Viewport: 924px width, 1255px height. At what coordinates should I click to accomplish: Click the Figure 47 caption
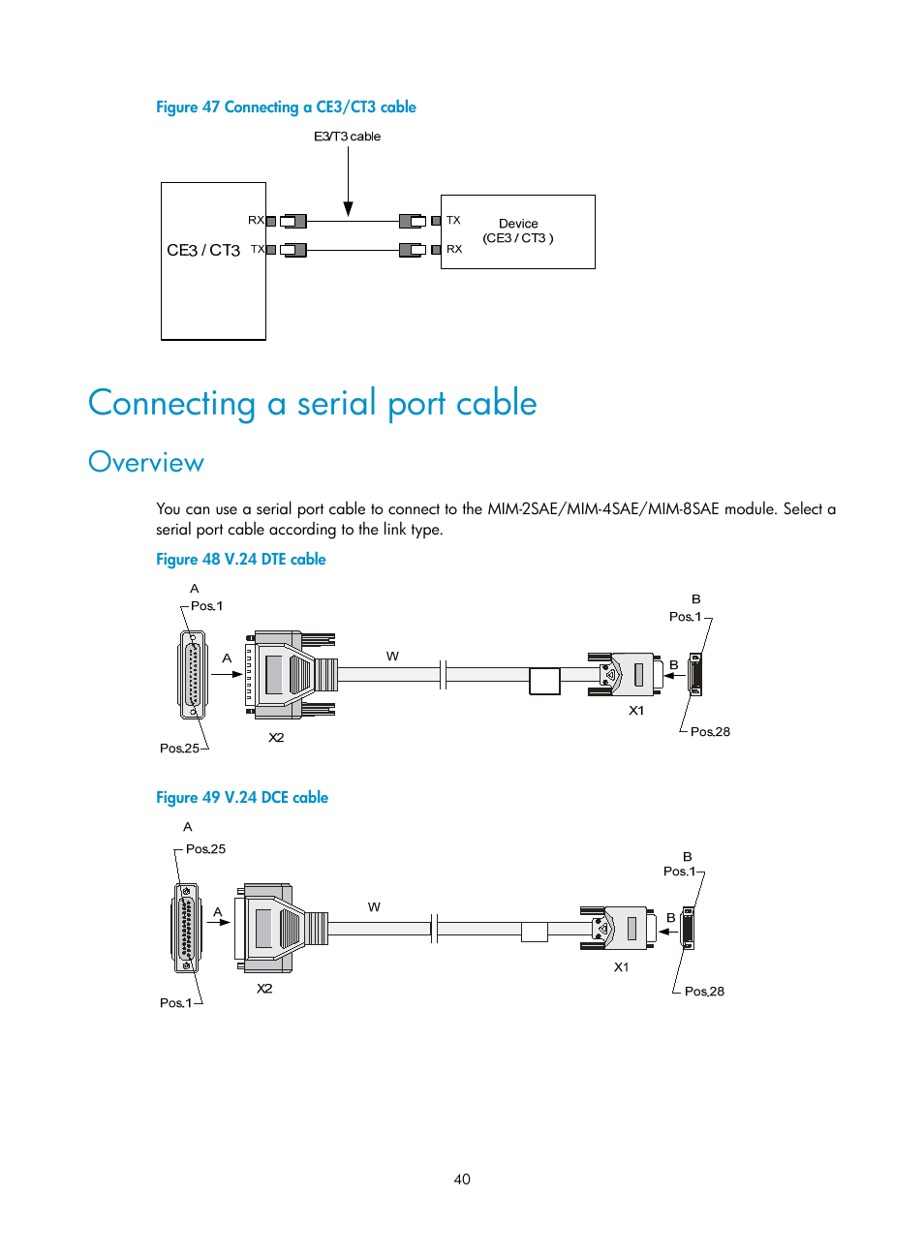(286, 107)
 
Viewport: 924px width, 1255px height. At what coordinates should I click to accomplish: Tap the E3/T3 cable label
(347, 137)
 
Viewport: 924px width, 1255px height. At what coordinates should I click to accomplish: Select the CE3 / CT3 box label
(203, 250)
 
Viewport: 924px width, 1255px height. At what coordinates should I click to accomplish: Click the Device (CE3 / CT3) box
(518, 231)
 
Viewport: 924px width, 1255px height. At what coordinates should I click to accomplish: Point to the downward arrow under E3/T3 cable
(348, 206)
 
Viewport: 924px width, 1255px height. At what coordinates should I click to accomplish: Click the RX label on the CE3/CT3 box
(256, 221)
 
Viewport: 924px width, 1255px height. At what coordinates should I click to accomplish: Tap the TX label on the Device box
(453, 221)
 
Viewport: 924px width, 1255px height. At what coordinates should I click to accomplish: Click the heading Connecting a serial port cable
(312, 403)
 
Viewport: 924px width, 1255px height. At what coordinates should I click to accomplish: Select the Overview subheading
(146, 463)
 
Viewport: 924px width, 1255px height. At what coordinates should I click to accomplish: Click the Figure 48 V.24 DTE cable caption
(240, 560)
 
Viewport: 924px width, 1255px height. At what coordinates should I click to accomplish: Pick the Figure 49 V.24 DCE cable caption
(242, 798)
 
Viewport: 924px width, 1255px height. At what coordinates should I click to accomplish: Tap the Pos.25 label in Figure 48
(179, 749)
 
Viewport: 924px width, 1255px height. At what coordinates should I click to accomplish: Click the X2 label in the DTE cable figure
(276, 738)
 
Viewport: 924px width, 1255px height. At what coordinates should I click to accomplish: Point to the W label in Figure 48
(392, 657)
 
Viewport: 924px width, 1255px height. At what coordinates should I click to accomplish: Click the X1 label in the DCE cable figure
(621, 967)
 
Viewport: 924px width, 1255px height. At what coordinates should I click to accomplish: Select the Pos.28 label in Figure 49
(704, 992)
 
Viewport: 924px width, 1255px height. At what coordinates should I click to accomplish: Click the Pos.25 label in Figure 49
(205, 849)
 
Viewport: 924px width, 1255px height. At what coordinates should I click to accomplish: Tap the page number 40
(462, 1179)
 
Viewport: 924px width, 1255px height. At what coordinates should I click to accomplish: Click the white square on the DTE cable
(544, 681)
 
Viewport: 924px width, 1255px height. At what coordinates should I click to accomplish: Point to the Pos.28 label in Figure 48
(710, 732)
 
